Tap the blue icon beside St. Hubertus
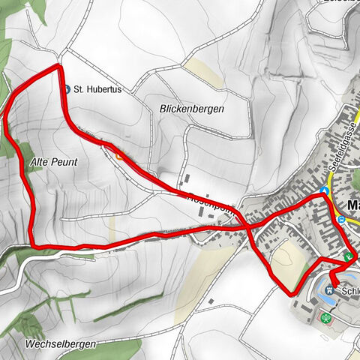[x=67, y=88]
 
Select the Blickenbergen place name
[x=191, y=109]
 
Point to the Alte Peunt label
[x=55, y=161]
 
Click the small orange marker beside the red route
[x=120, y=157]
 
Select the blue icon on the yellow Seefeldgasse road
[x=325, y=190]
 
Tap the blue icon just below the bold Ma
[x=341, y=219]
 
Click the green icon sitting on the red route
[x=348, y=256]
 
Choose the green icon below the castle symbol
[x=326, y=318]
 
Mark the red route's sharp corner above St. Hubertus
[x=58, y=67]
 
